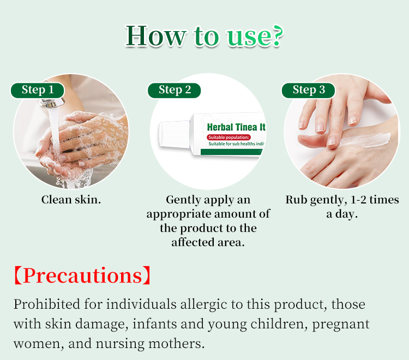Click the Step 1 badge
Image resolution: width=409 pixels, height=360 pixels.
point(38,90)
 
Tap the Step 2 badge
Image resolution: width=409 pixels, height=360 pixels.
point(175,90)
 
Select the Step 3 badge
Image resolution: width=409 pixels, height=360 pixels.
point(309,90)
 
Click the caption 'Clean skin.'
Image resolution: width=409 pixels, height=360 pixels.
point(71,200)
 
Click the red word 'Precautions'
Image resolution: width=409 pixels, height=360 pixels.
point(81,276)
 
